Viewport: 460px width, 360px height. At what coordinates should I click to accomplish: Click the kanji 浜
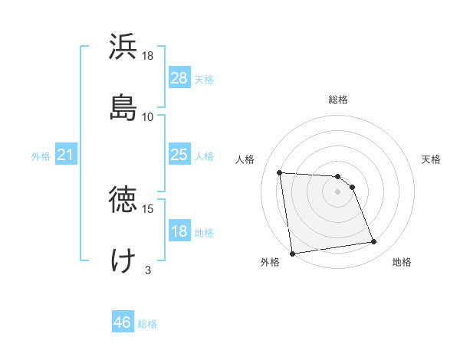pos(123,48)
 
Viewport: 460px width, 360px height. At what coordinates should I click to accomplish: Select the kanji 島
pos(123,107)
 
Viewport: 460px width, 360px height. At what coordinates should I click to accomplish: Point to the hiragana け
pos(123,260)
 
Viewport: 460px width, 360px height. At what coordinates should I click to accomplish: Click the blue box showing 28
pos(179,78)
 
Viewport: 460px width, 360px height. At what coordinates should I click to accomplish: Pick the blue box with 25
pos(179,155)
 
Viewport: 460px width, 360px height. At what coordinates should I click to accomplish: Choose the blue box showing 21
pos(66,155)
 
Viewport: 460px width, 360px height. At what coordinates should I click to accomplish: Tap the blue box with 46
pos(123,322)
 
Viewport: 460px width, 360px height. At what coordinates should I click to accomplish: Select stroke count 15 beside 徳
pos(148,208)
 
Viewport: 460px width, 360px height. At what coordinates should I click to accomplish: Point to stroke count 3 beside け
pos(148,270)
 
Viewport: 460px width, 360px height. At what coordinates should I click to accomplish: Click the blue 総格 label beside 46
pos(147,324)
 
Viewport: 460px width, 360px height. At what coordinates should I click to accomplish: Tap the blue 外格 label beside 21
pos(41,156)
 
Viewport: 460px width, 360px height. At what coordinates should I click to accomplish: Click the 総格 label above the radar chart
pos(338,100)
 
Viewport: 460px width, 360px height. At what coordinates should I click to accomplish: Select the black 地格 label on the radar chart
pos(402,262)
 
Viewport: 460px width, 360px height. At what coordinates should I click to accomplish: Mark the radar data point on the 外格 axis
pos(291,253)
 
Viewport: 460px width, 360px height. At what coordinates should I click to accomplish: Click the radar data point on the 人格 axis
pos(280,172)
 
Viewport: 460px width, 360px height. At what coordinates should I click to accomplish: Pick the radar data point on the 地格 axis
pos(374,242)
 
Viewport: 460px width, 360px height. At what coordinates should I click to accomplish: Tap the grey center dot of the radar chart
pos(337,192)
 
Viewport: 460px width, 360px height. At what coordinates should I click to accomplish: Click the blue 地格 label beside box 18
pos(204,233)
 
